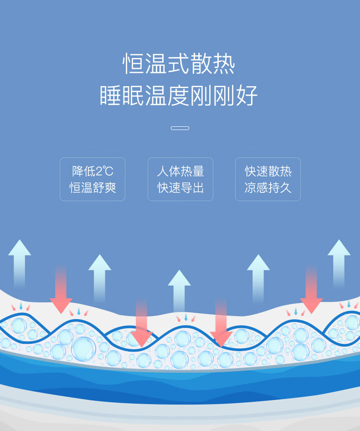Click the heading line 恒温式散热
(179, 64)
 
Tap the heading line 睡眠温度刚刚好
(179, 95)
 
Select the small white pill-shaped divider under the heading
(180, 128)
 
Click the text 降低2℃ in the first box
(93, 171)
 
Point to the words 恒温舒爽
(93, 187)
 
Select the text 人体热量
(180, 171)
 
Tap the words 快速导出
(180, 187)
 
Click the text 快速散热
(268, 171)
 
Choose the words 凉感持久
(268, 187)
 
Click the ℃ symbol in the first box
(108, 171)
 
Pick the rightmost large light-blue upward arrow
(339, 262)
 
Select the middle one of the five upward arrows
(179, 292)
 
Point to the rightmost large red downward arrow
(312, 292)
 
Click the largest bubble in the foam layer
(83, 349)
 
